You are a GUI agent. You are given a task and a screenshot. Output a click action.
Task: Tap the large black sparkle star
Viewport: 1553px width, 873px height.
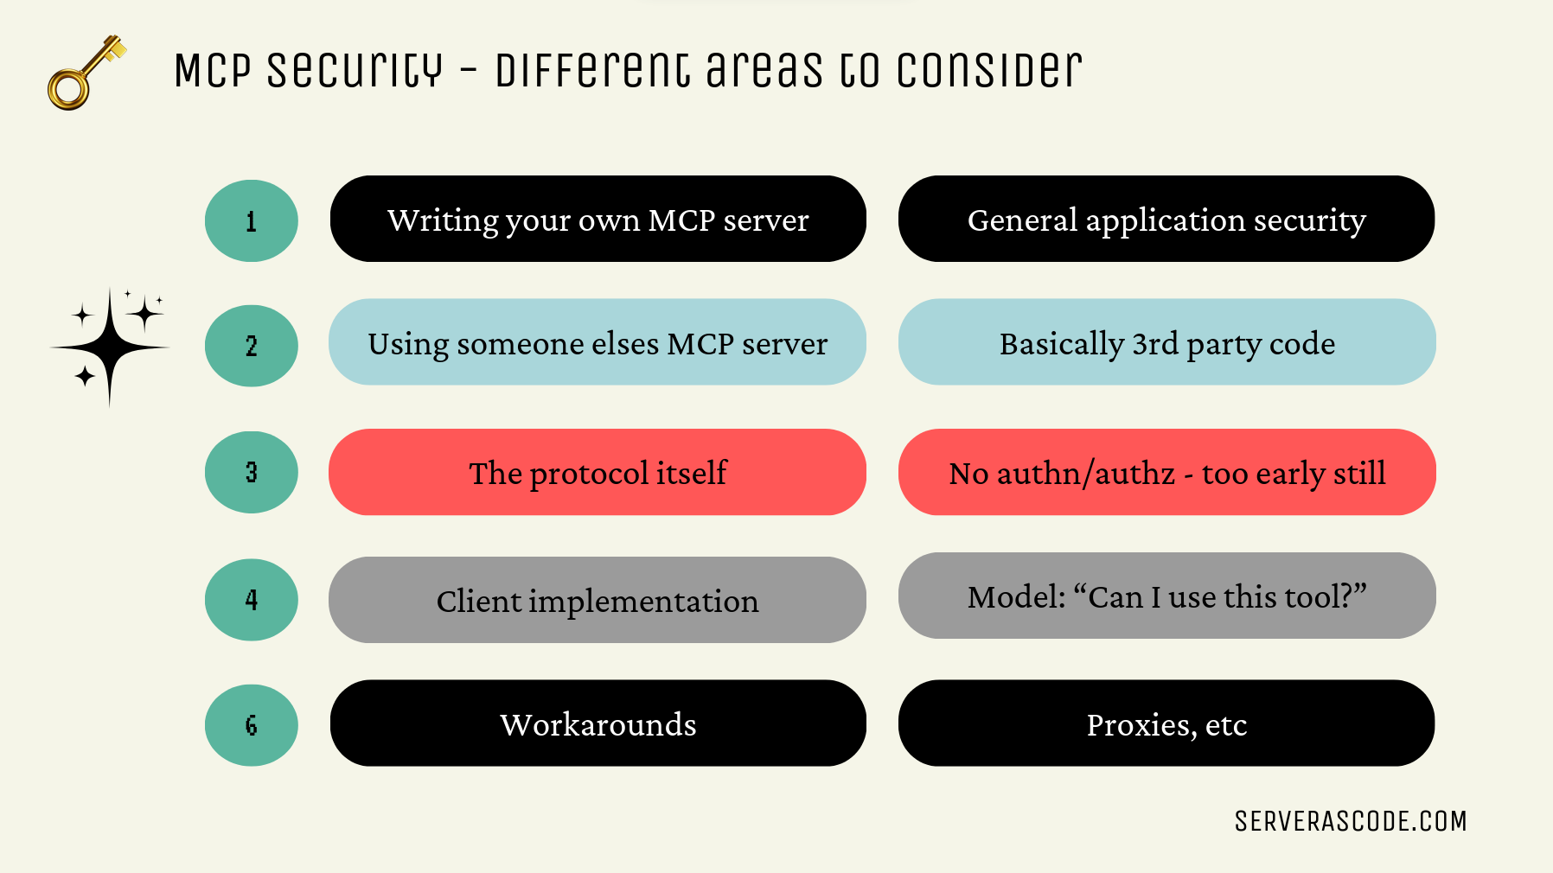tap(110, 347)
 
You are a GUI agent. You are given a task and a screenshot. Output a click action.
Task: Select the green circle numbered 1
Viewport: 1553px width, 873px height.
tap(252, 220)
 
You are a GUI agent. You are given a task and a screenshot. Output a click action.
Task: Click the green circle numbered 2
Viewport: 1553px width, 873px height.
tap(252, 346)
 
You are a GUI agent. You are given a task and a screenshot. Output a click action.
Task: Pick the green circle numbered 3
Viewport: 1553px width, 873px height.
tap(252, 472)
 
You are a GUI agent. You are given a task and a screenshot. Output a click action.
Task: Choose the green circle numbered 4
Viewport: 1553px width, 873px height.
tap(252, 599)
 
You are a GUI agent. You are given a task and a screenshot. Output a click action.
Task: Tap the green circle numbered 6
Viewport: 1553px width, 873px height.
tap(252, 725)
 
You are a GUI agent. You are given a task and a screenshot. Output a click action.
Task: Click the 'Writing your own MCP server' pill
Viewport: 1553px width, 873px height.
tap(598, 219)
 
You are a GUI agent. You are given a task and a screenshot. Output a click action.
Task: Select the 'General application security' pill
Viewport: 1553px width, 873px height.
tap(1166, 219)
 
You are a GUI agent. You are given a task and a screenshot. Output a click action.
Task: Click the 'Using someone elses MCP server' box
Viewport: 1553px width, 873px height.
tap(598, 342)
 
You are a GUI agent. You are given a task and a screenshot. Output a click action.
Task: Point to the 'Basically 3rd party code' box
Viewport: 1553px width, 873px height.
tap(1167, 342)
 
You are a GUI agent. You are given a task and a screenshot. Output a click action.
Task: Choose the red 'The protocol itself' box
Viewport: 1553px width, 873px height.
tap(598, 472)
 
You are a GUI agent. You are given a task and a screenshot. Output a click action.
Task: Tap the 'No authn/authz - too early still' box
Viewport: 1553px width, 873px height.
tap(1167, 472)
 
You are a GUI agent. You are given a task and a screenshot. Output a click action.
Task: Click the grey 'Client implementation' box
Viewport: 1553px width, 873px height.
tap(598, 600)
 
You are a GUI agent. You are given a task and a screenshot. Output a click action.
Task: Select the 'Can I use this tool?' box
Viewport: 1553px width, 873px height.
tap(1167, 596)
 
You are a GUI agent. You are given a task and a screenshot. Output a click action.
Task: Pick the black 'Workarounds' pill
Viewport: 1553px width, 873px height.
tap(598, 723)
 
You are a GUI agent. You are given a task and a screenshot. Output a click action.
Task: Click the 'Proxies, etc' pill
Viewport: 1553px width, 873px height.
tap(1166, 723)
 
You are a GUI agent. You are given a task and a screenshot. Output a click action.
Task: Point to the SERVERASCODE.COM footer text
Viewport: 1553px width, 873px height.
tap(1351, 821)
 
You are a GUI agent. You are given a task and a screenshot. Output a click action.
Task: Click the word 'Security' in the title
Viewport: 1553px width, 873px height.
tap(355, 70)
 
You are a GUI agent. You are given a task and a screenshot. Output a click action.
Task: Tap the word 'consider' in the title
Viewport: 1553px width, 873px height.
tap(989, 69)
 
